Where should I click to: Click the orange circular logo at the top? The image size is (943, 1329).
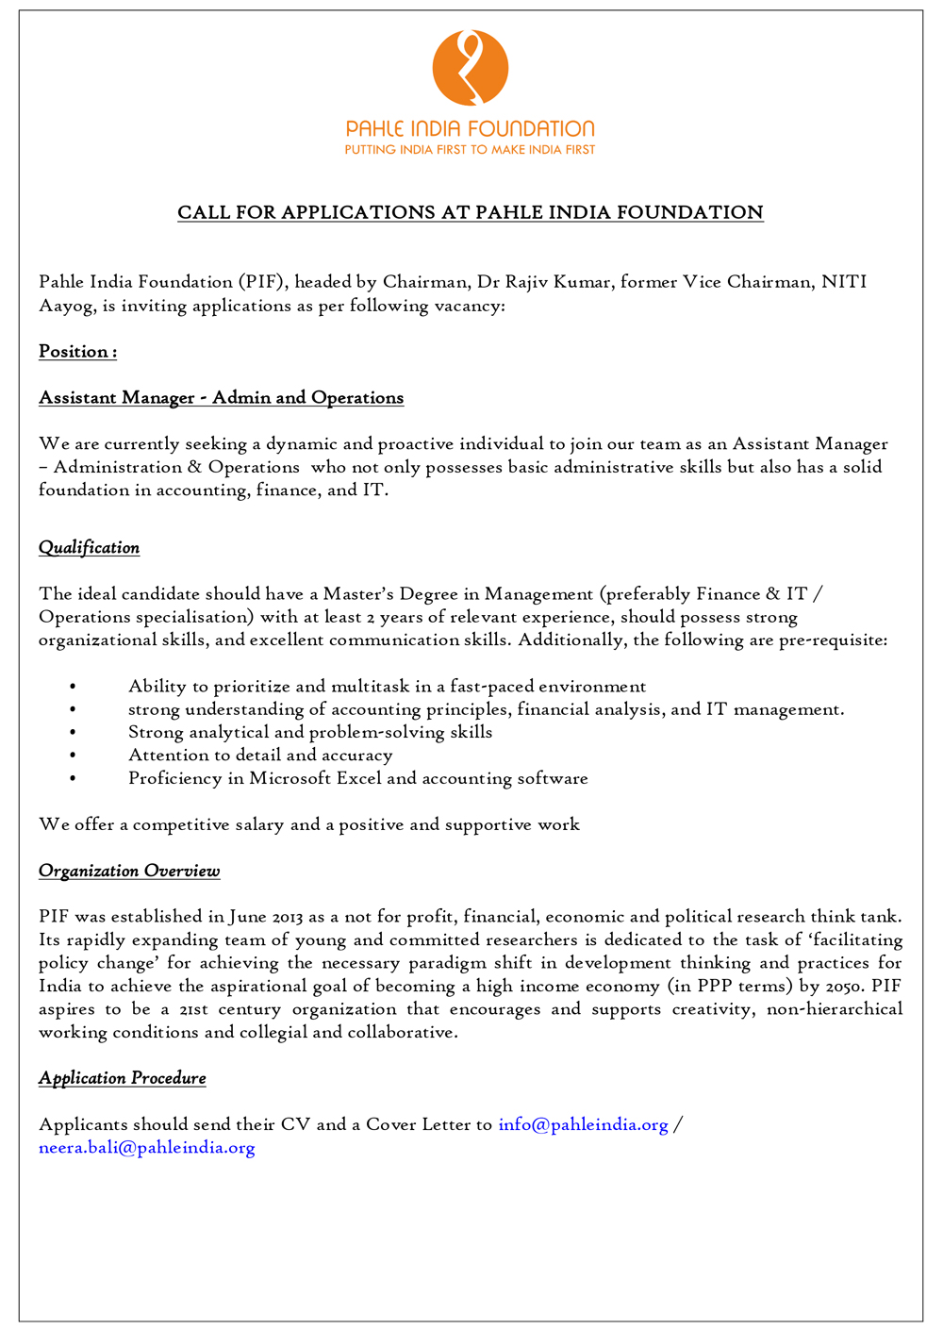coord(471,67)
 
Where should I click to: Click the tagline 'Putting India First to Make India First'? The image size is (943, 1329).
coord(470,150)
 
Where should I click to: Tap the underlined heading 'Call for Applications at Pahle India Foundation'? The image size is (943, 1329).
coord(471,212)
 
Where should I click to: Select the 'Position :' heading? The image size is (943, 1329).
coord(77,352)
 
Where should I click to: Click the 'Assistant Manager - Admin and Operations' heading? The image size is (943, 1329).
coord(221,398)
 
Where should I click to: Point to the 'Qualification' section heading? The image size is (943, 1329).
coord(89,548)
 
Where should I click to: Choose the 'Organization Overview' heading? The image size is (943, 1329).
coord(129,871)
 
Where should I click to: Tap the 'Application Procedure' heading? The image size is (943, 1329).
coord(122,1078)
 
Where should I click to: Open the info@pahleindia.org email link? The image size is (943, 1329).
coord(583,1124)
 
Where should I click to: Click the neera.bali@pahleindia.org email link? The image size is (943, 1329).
coord(147,1148)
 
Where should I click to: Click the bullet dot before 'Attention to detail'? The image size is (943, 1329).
coord(73,756)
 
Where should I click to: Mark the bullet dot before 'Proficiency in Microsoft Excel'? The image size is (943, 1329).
coord(73,779)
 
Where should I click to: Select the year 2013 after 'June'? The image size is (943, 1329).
coord(288,917)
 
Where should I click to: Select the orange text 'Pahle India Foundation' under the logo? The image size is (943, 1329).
coord(470,129)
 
